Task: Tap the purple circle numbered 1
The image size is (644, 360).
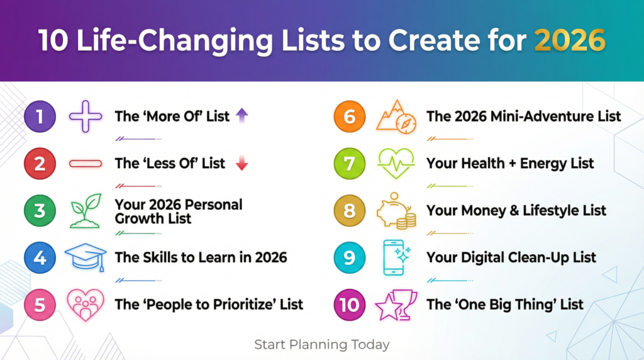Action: coord(40,116)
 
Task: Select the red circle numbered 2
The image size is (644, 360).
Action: coord(40,164)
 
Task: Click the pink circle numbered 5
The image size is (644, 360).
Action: coord(40,305)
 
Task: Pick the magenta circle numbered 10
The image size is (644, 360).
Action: coord(350,305)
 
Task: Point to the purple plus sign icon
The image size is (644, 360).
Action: coord(85,116)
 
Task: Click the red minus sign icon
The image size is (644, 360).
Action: coord(85,164)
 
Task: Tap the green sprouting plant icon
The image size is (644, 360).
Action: coord(85,210)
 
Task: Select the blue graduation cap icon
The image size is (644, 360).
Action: coord(86,257)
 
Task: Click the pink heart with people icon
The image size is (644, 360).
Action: coord(85,305)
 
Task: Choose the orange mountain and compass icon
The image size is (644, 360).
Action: coord(396,116)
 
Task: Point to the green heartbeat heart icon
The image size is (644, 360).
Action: coord(396,164)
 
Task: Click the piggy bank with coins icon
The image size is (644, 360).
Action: coord(396,211)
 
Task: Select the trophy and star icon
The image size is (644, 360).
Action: coord(396,305)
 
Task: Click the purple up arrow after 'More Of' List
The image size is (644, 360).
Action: coord(242,115)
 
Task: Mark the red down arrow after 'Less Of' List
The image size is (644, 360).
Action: coord(242,164)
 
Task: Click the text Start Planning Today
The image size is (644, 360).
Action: coord(321,344)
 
